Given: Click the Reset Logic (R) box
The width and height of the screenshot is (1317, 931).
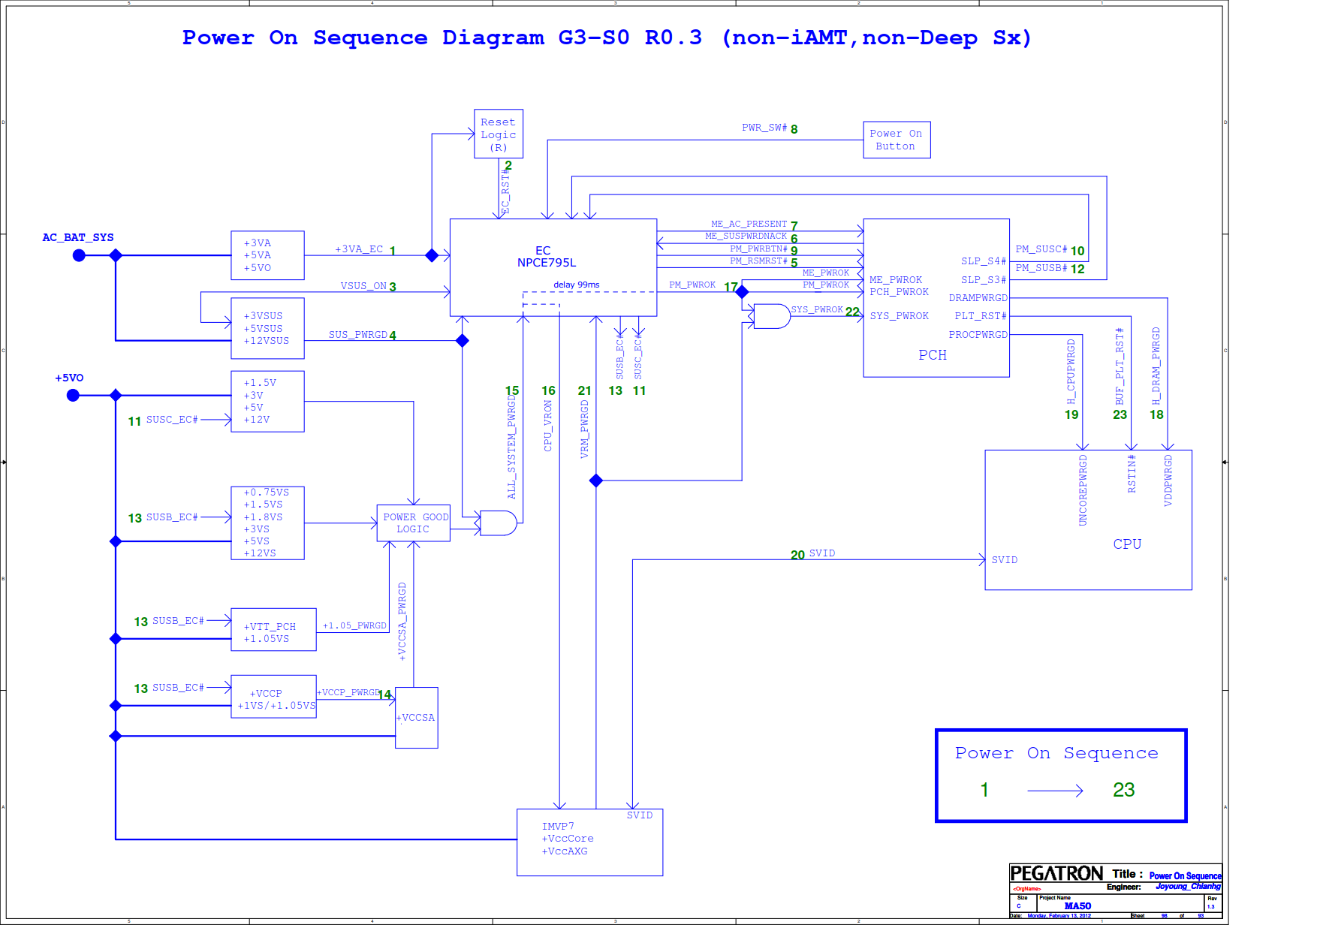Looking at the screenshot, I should coord(498,134).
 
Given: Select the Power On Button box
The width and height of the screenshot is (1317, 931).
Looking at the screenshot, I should coord(896,140).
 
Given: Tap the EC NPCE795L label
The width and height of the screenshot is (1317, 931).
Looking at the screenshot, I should coord(546,257).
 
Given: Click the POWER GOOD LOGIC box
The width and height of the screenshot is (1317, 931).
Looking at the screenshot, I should coord(413,523).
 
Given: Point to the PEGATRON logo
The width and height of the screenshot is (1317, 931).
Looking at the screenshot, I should coord(1056,873).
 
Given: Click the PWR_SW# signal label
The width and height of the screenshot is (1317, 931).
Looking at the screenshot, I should coord(764,128).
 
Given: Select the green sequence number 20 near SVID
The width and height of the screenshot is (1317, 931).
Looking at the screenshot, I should coord(797,555).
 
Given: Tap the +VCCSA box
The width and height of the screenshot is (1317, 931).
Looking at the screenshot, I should coord(416,718).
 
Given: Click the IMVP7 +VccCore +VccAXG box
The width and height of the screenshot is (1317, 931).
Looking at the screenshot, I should coord(589,842).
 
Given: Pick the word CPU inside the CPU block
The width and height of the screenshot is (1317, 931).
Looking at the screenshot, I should coord(1127,544).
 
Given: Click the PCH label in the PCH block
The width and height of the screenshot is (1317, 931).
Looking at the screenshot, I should coord(933,355).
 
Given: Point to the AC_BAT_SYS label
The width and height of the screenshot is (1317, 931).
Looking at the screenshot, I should coord(78,237).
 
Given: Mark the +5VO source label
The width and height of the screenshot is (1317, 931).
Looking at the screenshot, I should coord(69,378).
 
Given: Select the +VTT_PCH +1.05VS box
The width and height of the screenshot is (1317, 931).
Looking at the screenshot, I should coord(273,630).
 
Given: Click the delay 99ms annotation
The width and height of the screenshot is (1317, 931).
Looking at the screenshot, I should coord(577,285).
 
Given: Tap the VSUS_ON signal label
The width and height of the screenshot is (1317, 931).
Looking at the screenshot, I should coord(363,286).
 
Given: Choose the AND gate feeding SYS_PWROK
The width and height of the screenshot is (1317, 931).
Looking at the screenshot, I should coord(771,316).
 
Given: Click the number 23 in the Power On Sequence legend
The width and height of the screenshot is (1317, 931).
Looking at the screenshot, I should coord(1123,790).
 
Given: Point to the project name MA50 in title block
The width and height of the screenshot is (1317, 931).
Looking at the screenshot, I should coord(1077,905).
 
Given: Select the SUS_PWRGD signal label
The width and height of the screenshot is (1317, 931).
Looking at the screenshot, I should coord(357,335).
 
